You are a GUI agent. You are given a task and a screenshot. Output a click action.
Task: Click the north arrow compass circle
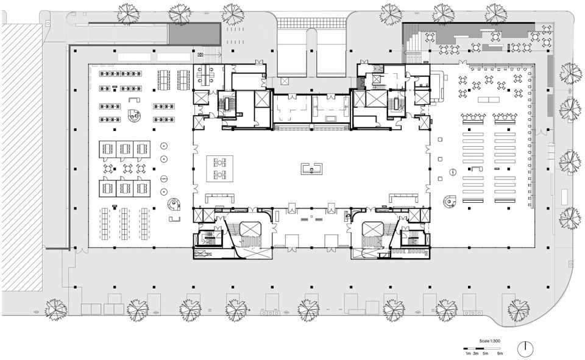pos(525,348)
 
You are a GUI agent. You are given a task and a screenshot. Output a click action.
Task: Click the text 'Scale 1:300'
pos(489,341)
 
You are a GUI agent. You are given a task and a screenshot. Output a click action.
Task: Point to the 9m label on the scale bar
pos(500,353)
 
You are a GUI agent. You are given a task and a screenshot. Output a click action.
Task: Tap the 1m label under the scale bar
pos(467,353)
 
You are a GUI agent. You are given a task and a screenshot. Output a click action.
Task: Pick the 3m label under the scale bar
pos(475,353)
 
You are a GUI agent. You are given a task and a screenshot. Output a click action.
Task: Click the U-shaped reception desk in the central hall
pos(311,168)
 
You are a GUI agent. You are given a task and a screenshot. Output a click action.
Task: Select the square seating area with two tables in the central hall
pos(220,169)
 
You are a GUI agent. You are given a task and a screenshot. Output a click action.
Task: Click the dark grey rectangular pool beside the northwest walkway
pos(194,34)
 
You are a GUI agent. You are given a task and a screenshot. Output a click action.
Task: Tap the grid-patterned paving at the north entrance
pos(312,24)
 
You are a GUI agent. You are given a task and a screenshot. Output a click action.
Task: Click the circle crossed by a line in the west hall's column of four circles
pos(163,178)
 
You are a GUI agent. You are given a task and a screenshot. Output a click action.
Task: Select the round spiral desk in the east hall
pos(450,202)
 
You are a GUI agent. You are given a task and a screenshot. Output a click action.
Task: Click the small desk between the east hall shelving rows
pos(477,169)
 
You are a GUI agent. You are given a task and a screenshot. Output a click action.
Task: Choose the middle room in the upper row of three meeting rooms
pos(124,149)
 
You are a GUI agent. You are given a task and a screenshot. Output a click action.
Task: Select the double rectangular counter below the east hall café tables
pos(489,100)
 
